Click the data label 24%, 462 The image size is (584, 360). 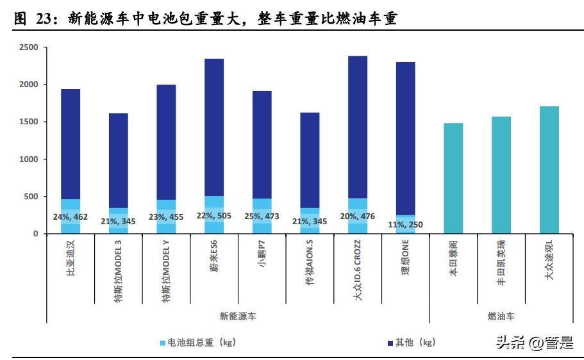71,217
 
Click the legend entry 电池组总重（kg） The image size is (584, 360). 198,342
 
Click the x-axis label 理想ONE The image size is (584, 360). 406,264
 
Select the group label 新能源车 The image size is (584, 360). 238,316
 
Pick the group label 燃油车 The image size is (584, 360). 501,316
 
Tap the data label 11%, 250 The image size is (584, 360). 406,225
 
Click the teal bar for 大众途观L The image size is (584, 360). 549,170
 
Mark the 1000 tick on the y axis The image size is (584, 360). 28,159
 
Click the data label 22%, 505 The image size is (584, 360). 214,217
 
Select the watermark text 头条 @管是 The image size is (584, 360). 534,343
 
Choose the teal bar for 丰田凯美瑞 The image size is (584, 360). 501,175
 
